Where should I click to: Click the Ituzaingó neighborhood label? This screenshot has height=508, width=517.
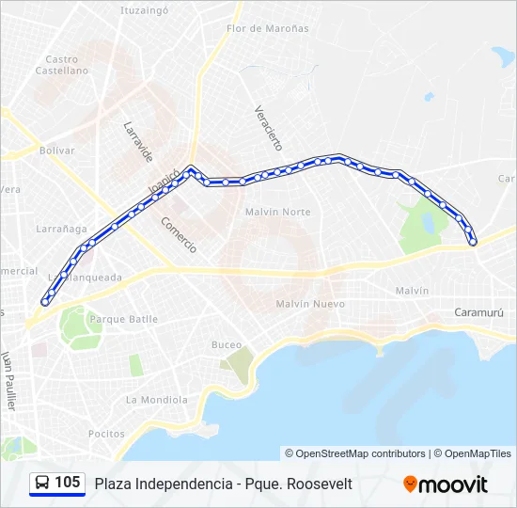[x=144, y=10]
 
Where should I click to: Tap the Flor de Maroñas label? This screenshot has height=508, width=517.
[x=267, y=28]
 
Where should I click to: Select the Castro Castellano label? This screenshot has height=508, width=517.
[x=61, y=64]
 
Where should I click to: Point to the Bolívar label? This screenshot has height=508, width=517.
[x=56, y=150]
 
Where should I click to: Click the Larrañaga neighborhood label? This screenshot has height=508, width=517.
[x=61, y=229]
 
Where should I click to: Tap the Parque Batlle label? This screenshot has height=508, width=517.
[x=123, y=319]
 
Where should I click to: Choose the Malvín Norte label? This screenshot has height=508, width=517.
[x=277, y=212]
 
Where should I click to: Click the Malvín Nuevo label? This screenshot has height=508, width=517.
[x=310, y=304]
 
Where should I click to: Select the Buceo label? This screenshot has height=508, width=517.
[x=227, y=345]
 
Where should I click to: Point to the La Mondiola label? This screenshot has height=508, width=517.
[x=157, y=399]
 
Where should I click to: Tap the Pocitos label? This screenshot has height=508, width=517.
[x=106, y=434]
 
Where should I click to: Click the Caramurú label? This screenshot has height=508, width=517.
[x=478, y=312]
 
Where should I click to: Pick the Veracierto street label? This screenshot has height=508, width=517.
[x=268, y=127]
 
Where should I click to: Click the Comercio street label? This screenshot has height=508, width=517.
[x=179, y=235]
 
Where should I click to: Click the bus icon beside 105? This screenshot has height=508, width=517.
[x=42, y=484]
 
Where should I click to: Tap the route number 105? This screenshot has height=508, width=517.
[x=68, y=484]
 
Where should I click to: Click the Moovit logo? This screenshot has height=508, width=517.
[x=446, y=484]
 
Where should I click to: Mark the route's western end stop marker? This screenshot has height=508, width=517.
[x=45, y=302]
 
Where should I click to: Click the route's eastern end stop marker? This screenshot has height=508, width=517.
[x=473, y=242]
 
